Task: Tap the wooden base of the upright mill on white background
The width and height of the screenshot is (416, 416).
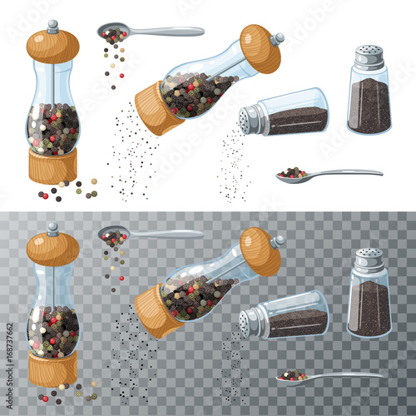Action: click(52, 166)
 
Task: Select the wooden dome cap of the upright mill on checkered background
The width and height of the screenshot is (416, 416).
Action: click(52, 249)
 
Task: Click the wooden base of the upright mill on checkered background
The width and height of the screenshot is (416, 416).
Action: click(52, 369)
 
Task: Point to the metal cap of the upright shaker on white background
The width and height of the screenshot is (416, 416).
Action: click(369, 57)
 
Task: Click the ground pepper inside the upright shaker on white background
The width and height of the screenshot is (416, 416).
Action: click(369, 106)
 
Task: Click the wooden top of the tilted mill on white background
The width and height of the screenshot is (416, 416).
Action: click(260, 48)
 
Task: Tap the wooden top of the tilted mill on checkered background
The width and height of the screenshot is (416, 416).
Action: click(260, 250)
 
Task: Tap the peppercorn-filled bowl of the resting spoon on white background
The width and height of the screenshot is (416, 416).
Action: click(291, 175)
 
